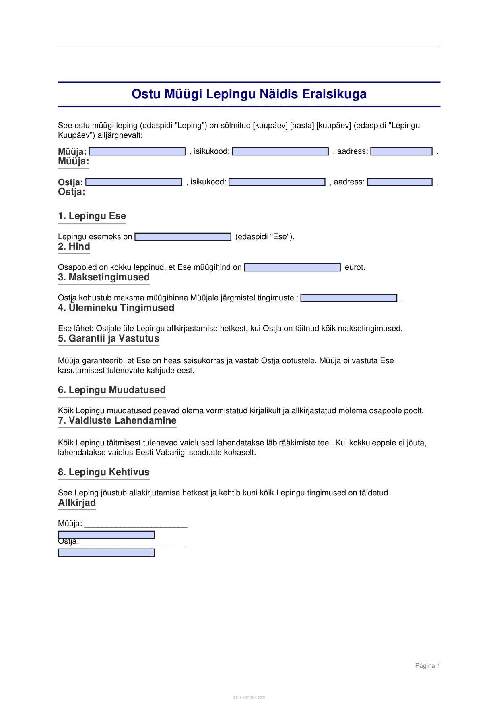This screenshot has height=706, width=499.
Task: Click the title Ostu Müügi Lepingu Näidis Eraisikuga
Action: [x=249, y=94]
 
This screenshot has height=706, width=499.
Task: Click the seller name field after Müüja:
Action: [x=137, y=151]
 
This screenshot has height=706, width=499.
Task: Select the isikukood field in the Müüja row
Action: [x=280, y=151]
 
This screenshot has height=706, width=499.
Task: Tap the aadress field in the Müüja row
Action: [x=401, y=151]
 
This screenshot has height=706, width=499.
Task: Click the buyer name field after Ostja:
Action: [x=134, y=182]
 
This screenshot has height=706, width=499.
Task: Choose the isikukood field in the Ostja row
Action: [x=277, y=182]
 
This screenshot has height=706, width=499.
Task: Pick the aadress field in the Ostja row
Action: [x=400, y=182]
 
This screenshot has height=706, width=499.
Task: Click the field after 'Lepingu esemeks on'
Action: [x=183, y=237]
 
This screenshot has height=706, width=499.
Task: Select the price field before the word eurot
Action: [x=293, y=267]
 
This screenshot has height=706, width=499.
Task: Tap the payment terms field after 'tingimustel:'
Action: [x=349, y=298]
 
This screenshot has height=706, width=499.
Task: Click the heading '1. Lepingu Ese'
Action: [x=92, y=216]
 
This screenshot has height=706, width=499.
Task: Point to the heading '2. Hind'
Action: [x=74, y=247]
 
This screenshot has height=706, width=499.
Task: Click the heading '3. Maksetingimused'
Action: [x=104, y=277]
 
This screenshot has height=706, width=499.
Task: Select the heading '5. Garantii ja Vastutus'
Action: [x=109, y=339]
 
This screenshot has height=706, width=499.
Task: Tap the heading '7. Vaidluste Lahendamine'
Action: [x=117, y=421]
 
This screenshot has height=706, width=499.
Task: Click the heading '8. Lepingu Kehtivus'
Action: [x=104, y=472]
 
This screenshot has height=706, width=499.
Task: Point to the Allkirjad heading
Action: [x=77, y=503]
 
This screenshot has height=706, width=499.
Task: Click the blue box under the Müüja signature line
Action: [x=106, y=535]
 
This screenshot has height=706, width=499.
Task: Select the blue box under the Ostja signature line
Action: [x=106, y=553]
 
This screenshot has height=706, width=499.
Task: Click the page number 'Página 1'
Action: [x=427, y=666]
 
